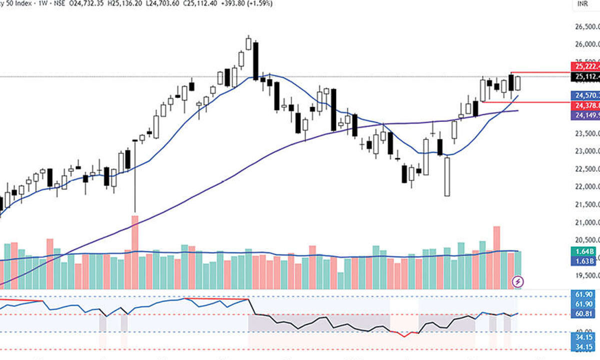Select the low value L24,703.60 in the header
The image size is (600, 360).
point(159,3)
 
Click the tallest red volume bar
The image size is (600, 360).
point(134,252)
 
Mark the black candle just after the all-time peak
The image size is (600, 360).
point(255,61)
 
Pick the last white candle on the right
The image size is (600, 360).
point(518,83)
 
